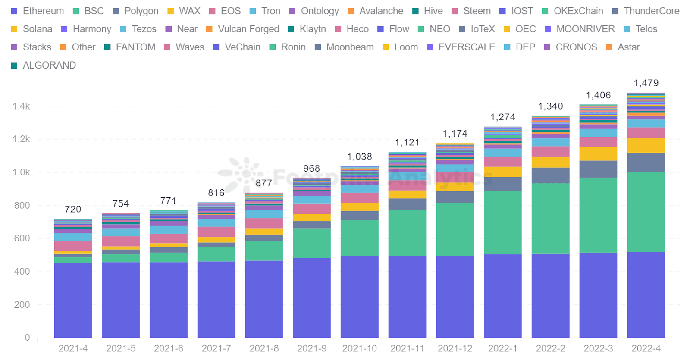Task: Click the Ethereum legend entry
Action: pyautogui.click(x=38, y=11)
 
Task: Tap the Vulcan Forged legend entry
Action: pyautogui.click(x=243, y=29)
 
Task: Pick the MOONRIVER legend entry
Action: pyautogui.click(x=580, y=29)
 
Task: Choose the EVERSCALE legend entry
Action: pyautogui.click(x=461, y=47)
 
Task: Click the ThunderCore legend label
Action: pyautogui.click(x=646, y=11)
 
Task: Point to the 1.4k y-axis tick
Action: pyautogui.click(x=21, y=106)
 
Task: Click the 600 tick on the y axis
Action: pyautogui.click(x=22, y=238)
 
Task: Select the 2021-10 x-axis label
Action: pyautogui.click(x=359, y=348)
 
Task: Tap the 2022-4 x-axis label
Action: pyautogui.click(x=646, y=348)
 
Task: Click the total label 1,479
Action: pyautogui.click(x=646, y=83)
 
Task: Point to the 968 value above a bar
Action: pyautogui.click(x=311, y=169)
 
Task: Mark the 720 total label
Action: pyautogui.click(x=73, y=210)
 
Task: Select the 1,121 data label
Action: pyautogui.click(x=407, y=143)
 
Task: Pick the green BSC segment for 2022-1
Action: pyautogui.click(x=502, y=222)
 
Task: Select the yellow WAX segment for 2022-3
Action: pyautogui.click(x=598, y=154)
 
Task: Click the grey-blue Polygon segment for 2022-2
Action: pyautogui.click(x=550, y=175)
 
